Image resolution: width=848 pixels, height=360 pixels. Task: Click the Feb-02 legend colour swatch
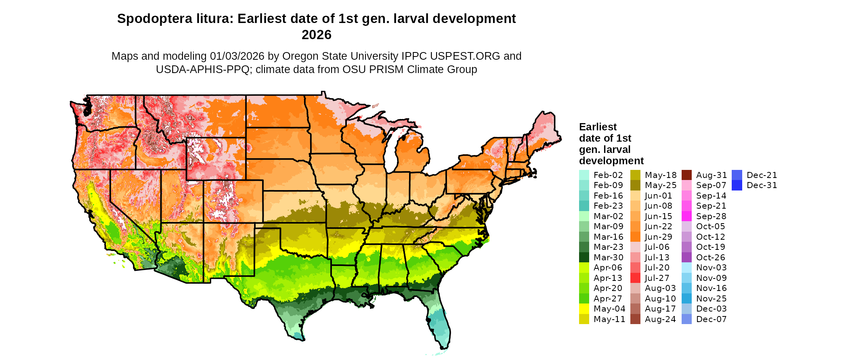pyautogui.click(x=584, y=175)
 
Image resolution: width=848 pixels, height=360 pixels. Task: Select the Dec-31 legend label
pyautogui.click(x=762, y=185)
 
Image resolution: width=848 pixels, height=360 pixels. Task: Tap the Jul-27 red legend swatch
pyautogui.click(x=635, y=278)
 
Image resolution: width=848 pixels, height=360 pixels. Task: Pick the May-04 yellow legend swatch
pyautogui.click(x=584, y=309)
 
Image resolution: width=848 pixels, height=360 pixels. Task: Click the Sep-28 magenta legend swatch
pyautogui.click(x=686, y=216)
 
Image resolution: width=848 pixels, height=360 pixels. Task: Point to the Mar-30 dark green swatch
pyautogui.click(x=584, y=257)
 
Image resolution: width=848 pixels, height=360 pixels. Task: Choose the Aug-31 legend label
pyautogui.click(x=711, y=175)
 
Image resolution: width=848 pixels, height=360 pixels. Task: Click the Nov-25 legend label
pyautogui.click(x=711, y=299)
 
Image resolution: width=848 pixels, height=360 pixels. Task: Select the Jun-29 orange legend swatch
pyautogui.click(x=635, y=237)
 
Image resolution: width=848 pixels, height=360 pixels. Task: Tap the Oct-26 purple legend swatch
pyautogui.click(x=686, y=257)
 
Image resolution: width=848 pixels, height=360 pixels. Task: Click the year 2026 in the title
pyautogui.click(x=316, y=35)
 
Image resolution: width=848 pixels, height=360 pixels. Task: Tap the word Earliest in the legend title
pyautogui.click(x=598, y=127)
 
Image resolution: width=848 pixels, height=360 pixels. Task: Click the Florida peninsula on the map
pyautogui.click(x=440, y=323)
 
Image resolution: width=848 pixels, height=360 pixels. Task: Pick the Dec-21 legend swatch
pyautogui.click(x=737, y=175)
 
